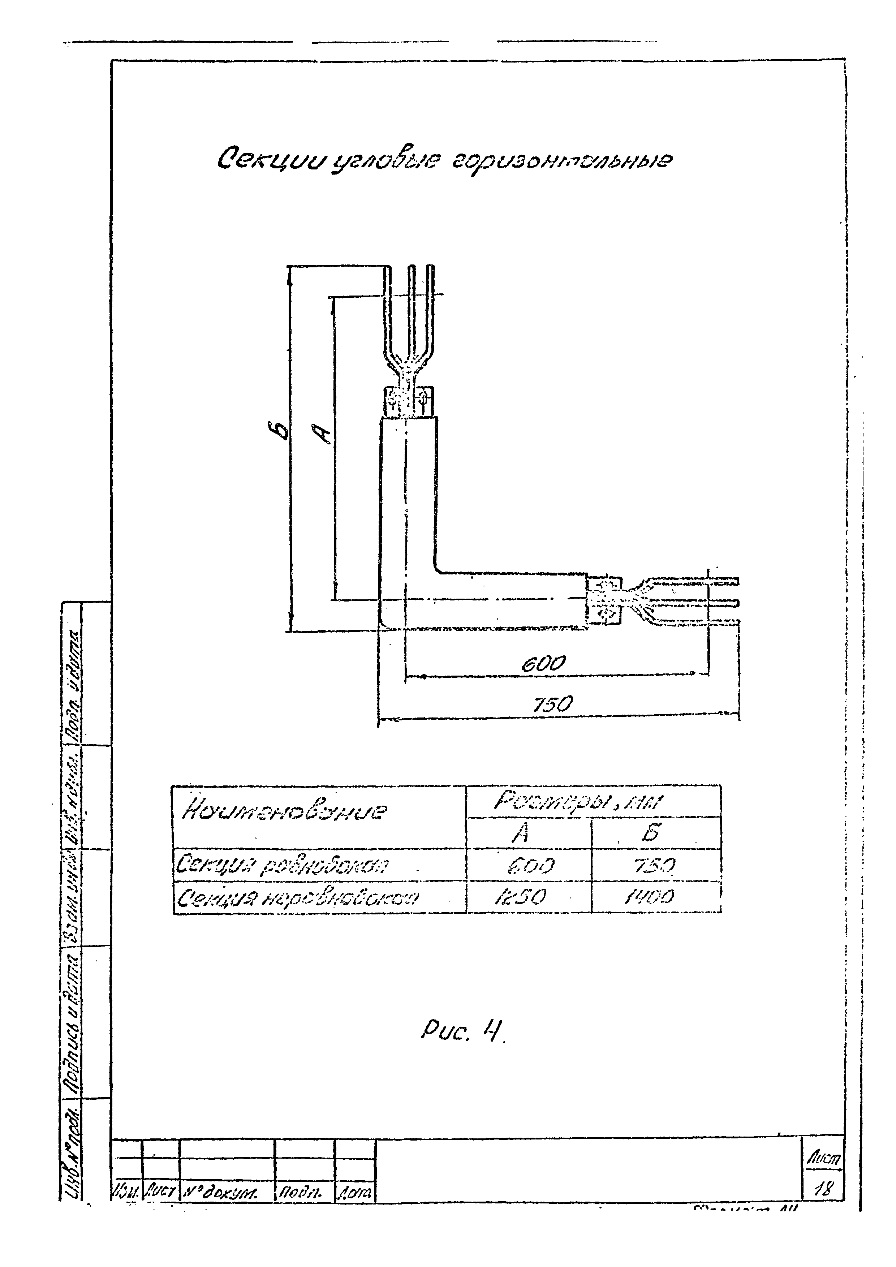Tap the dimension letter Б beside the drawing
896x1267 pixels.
pyautogui.click(x=281, y=430)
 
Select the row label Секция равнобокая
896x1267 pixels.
pyautogui.click(x=281, y=865)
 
